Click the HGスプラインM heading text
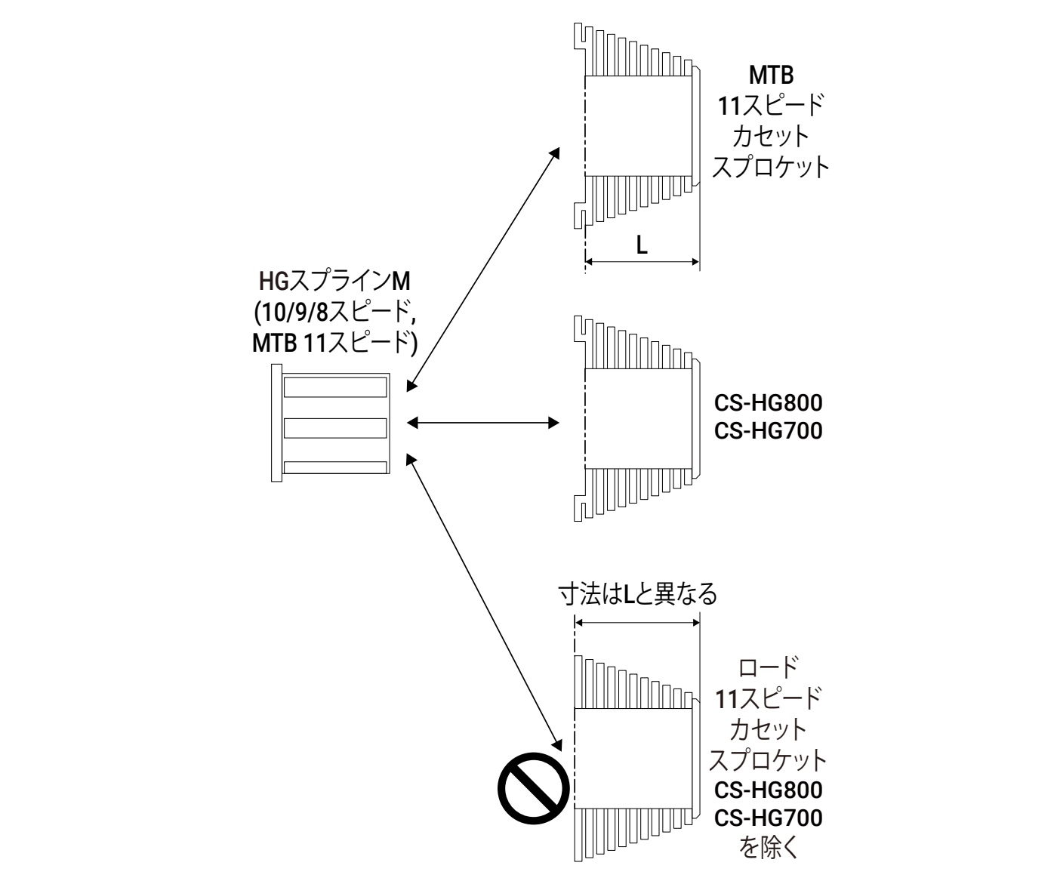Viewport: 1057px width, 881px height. tap(334, 282)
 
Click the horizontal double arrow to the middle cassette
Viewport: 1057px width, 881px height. tap(483, 423)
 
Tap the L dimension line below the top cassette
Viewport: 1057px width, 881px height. tap(642, 262)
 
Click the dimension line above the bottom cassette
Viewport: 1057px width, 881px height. tap(637, 622)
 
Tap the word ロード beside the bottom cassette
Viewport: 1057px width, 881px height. tap(769, 667)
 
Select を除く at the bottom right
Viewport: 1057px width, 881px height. tap(769, 849)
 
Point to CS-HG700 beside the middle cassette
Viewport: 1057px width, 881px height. tap(769, 430)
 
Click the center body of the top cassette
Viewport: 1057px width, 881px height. tap(638, 125)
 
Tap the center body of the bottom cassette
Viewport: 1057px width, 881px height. tap(633, 756)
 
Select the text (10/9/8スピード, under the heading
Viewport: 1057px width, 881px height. tap(334, 313)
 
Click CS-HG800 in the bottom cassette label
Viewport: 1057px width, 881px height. tap(769, 790)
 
